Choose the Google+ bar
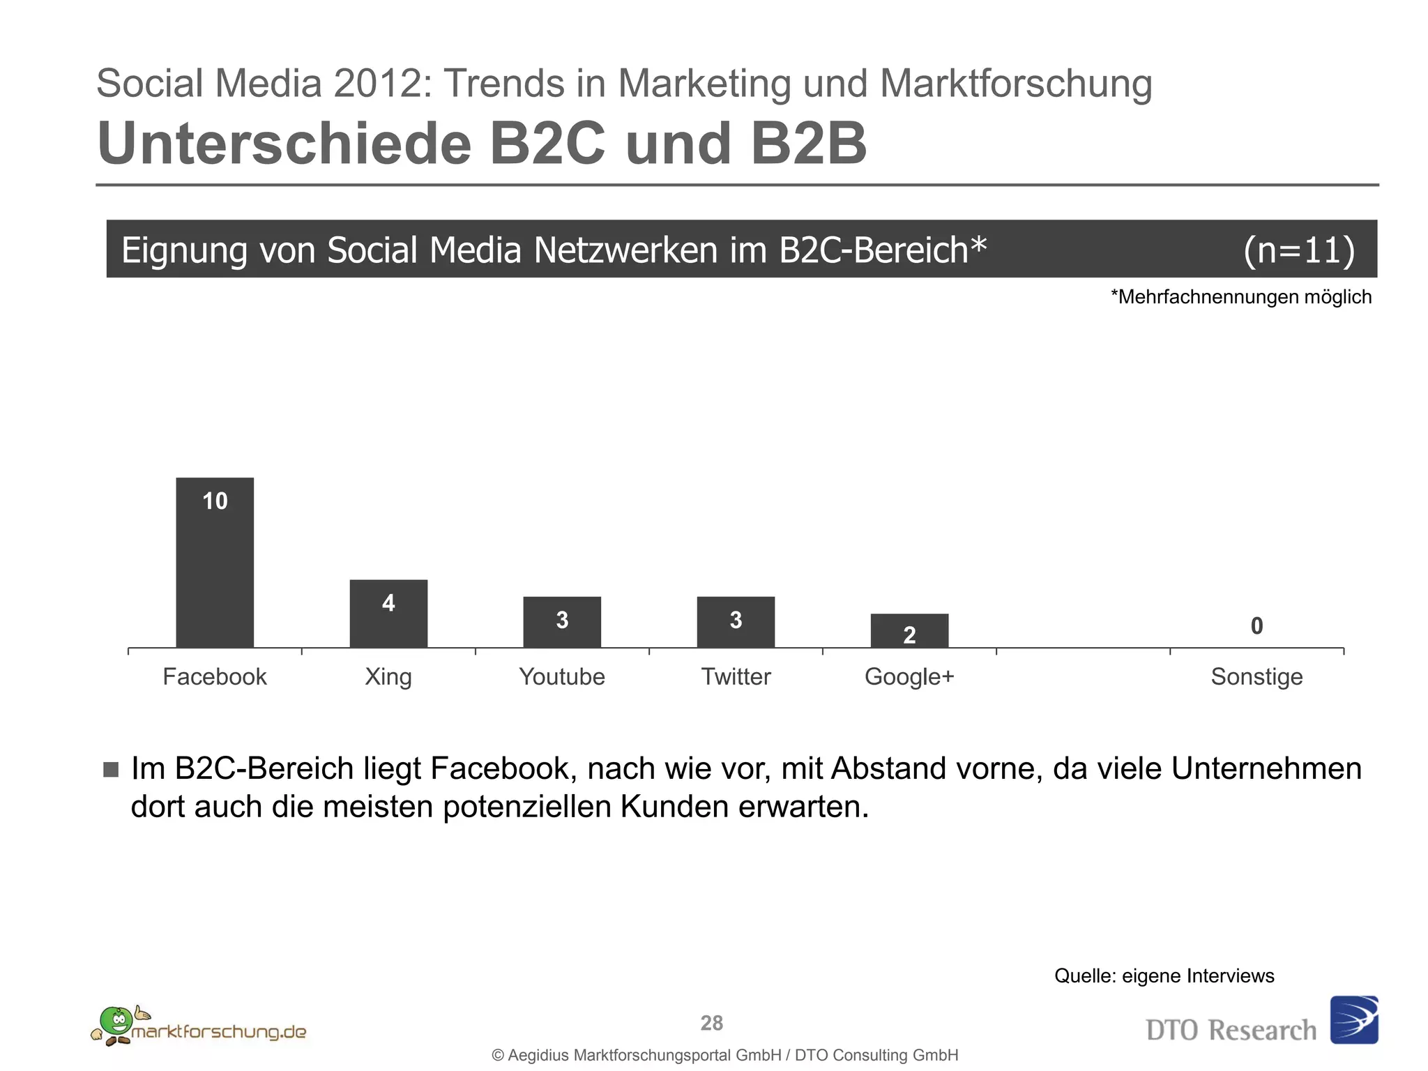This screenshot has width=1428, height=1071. tap(909, 630)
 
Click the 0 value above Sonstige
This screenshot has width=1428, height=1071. tap(1256, 626)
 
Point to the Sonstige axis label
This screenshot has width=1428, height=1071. tap(1256, 676)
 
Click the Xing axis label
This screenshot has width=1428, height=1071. tap(388, 676)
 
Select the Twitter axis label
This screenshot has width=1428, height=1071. tap(736, 676)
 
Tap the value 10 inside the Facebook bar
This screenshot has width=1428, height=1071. tap(215, 501)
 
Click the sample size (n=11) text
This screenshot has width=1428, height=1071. tap(1299, 250)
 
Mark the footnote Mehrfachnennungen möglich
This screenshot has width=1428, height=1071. tap(1240, 297)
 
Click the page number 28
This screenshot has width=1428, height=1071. tap(712, 1023)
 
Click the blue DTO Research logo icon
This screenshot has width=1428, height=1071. tap(1353, 1019)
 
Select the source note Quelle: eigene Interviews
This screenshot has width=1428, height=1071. tap(1164, 975)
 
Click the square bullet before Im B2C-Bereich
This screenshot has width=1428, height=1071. tap(111, 769)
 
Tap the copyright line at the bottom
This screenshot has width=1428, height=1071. tap(725, 1055)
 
